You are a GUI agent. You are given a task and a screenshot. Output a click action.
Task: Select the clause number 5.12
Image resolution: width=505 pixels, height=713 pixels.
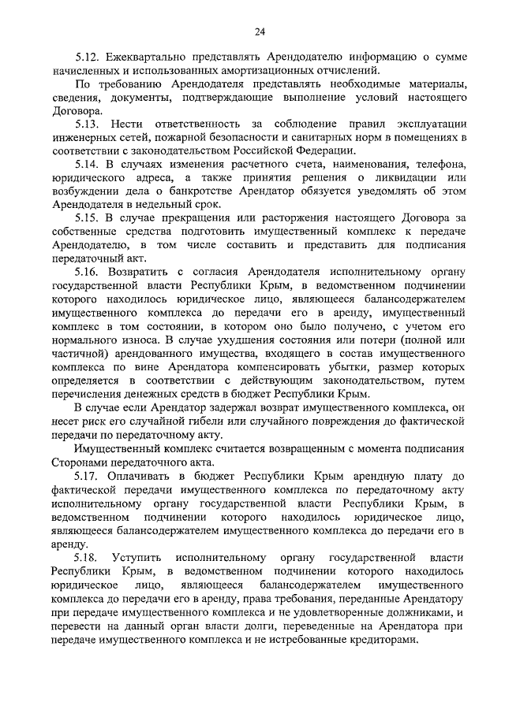point(88,59)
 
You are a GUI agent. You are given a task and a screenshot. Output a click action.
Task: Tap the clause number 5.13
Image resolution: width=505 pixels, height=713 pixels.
point(88,125)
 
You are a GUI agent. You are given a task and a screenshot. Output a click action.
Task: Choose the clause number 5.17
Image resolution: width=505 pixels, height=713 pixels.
point(88,477)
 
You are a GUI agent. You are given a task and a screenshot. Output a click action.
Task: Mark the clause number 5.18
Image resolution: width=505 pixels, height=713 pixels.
point(88,557)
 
